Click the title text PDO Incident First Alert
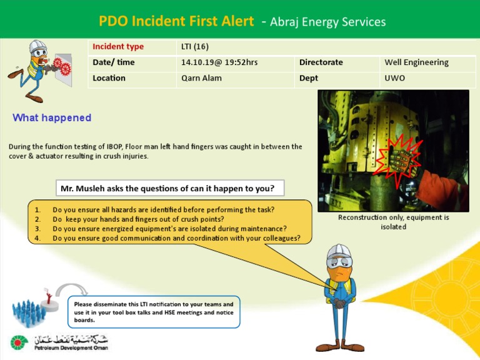click(176, 21)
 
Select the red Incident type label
click(118, 47)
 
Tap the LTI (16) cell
click(194, 47)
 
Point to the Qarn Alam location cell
click(201, 78)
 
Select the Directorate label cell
click(321, 62)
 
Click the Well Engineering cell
click(416, 62)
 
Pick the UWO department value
click(394, 78)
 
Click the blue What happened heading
click(52, 118)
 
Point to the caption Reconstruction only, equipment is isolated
click(393, 222)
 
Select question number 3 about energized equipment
click(169, 229)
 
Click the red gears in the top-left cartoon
click(59, 64)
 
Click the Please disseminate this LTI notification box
click(154, 312)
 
